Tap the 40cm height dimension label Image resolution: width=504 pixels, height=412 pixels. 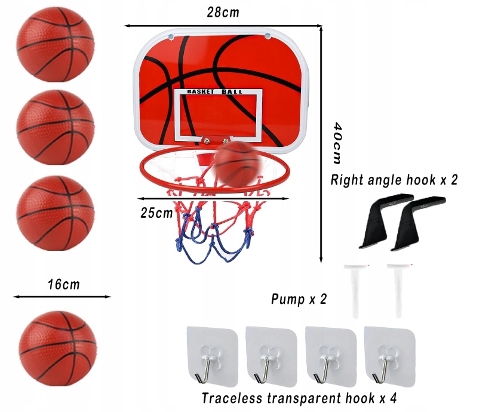click(337, 143)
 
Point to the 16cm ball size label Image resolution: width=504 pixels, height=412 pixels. click(63, 284)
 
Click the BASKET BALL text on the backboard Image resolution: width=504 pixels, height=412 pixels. click(215, 91)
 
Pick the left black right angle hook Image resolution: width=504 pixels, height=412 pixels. click(379, 221)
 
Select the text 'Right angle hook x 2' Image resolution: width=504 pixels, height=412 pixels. click(394, 180)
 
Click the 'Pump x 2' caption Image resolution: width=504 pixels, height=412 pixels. click(299, 299)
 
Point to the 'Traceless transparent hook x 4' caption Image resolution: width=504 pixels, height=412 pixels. click(299, 398)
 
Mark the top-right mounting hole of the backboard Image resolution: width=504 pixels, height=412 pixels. click(268, 36)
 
